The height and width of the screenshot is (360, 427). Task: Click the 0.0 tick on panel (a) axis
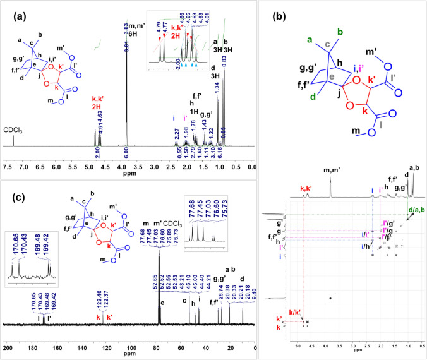251,150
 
